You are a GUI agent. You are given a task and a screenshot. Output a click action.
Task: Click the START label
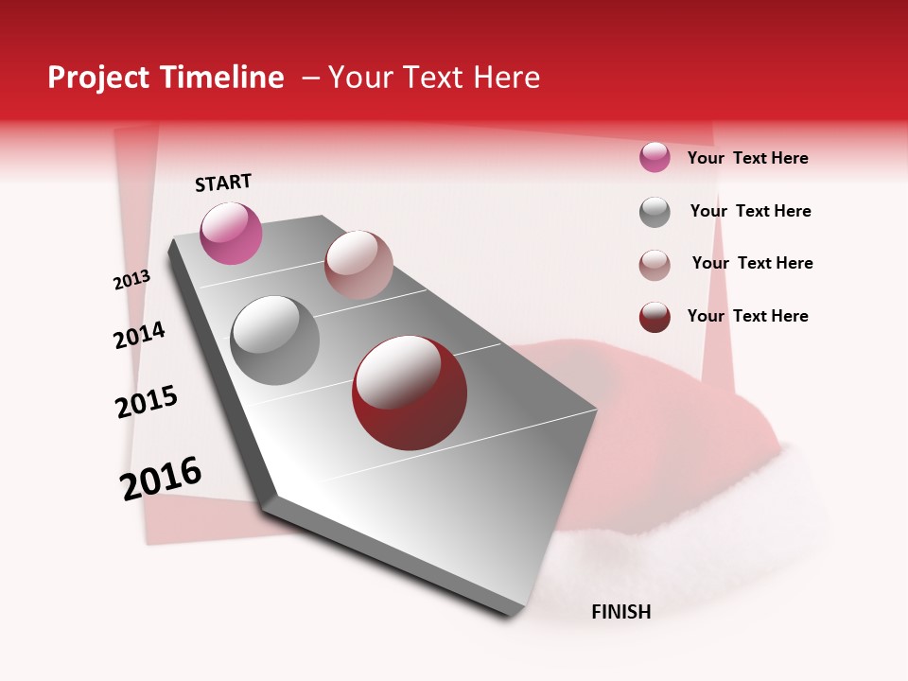pos(223,183)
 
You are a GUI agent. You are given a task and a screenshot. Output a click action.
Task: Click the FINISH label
pos(620,612)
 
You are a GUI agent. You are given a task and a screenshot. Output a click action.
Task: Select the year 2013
pos(131,280)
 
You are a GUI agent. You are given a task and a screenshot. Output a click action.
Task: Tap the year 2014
pos(139,335)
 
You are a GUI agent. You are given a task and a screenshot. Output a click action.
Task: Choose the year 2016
pos(161,479)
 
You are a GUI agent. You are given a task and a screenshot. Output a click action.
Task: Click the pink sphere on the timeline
pos(231,234)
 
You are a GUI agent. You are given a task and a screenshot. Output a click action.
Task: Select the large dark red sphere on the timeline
pos(410,393)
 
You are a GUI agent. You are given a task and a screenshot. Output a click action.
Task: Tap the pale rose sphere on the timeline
pos(358,265)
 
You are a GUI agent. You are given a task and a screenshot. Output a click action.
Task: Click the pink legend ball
pos(655,157)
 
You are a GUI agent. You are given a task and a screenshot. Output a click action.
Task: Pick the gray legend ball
pos(655,212)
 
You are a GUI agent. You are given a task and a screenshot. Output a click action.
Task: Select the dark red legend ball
pos(655,317)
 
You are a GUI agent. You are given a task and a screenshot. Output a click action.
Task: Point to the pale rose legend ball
pos(655,265)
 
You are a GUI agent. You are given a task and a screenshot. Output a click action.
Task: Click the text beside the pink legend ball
pos(747,158)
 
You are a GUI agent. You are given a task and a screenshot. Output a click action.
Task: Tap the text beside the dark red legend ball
pos(747,316)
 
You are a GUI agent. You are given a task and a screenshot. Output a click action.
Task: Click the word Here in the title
pos(506,78)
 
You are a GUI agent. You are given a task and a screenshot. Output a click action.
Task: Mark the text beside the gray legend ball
pos(750,211)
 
